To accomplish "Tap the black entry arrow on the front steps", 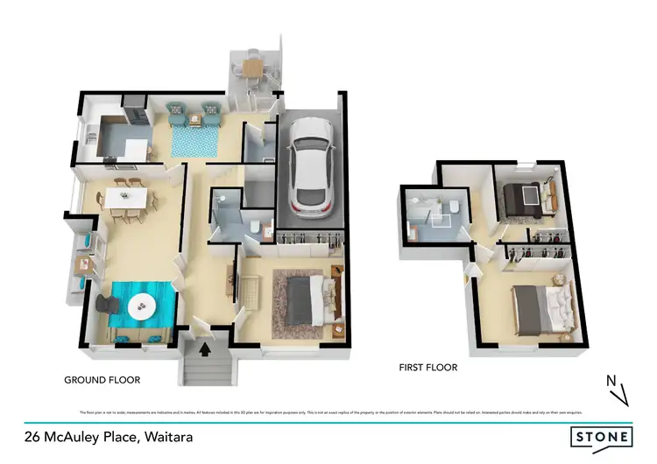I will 206,351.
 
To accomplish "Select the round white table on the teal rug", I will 141,306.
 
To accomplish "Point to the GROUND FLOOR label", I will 102,380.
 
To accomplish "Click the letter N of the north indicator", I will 611,380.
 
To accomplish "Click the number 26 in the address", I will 34,435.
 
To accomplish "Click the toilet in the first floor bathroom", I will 456,206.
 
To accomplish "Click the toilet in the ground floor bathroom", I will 254,229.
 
